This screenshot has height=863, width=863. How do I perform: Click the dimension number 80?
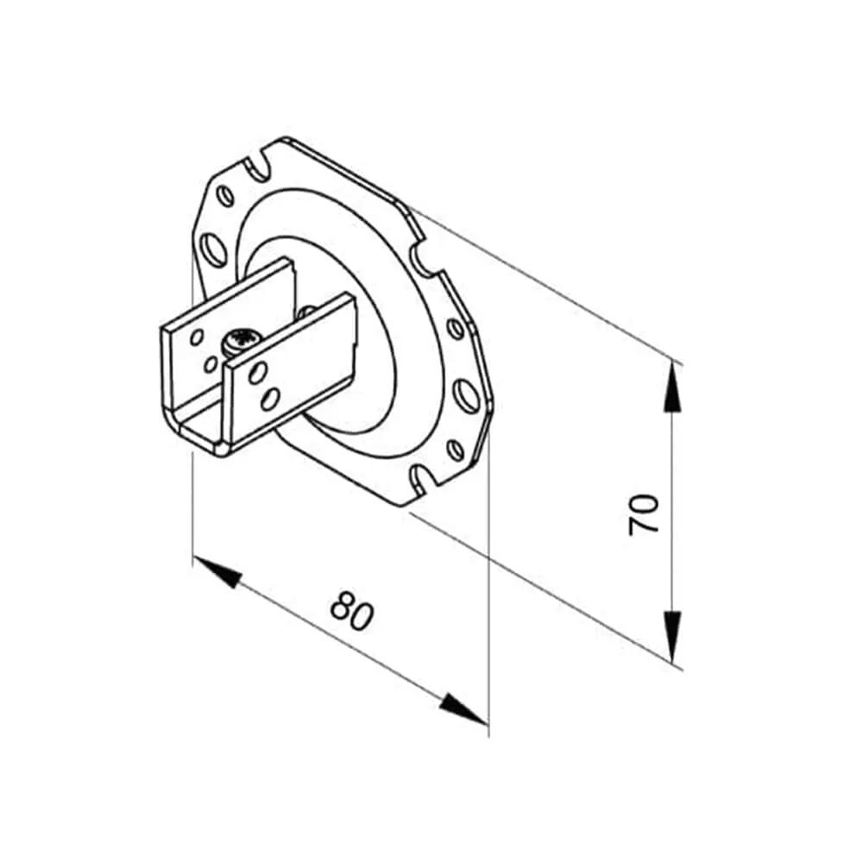pyautogui.click(x=352, y=610)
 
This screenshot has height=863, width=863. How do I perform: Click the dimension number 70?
pyautogui.click(x=644, y=514)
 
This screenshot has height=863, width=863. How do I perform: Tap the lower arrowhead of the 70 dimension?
pyautogui.click(x=672, y=636)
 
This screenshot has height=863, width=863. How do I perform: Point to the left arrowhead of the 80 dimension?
pyautogui.click(x=218, y=572)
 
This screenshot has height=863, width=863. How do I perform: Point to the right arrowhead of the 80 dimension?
pyautogui.click(x=463, y=709)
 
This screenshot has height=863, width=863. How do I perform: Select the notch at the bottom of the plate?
pyautogui.click(x=424, y=476)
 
